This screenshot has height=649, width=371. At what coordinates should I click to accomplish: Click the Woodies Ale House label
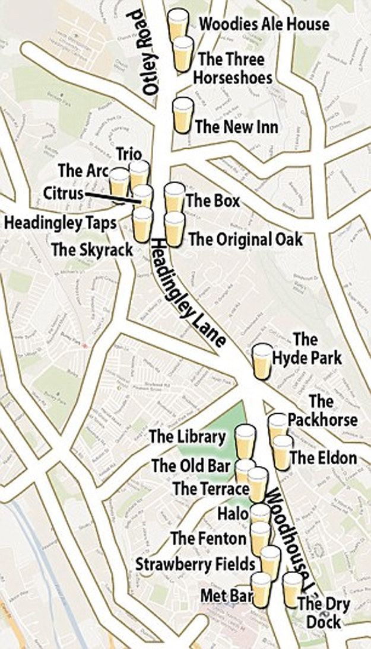264,24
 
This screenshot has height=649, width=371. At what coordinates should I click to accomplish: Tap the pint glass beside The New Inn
182,115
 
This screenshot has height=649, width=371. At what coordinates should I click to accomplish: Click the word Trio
129,154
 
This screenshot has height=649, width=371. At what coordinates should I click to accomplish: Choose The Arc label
83,171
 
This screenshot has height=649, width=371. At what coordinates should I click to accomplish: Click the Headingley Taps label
60,223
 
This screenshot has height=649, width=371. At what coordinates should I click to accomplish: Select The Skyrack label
92,250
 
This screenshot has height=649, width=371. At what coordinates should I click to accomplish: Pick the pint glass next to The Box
174,198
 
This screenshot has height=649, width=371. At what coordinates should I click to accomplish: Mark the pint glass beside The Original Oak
174,229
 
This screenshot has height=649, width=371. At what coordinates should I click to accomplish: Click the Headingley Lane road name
186,293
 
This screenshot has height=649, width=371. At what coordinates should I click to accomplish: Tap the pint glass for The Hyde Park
262,362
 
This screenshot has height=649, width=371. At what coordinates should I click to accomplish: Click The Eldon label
323,458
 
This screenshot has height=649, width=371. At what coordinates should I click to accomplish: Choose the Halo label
232,513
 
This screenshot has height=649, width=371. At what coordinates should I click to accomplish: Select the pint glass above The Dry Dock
292,589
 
